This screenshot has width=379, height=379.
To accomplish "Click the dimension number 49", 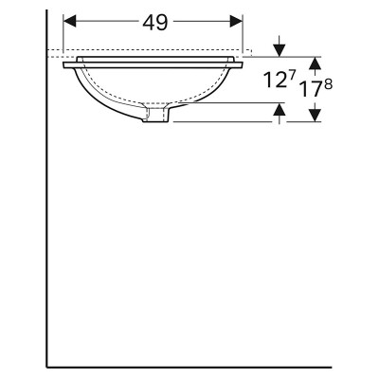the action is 155,23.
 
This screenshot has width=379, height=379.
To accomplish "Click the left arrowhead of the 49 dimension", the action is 70,21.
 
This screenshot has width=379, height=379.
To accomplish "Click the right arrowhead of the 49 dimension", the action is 236,21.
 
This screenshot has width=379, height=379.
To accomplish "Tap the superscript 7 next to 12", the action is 292,76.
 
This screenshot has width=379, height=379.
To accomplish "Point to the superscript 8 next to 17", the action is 328,85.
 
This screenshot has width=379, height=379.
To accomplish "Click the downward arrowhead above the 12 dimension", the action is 280,50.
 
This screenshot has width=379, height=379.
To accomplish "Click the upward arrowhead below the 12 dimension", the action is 280,109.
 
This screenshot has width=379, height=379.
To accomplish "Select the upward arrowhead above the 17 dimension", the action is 315,63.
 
